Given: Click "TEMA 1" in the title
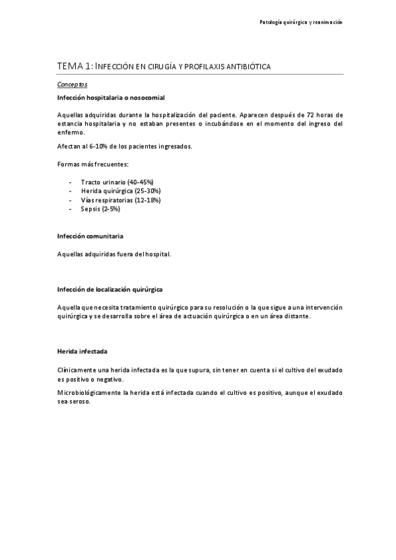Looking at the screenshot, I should coord(74,66).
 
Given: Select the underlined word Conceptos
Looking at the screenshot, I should coord(72,85).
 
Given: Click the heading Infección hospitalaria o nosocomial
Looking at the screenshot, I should coord(106,98).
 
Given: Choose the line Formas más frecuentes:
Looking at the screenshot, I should coord(92,164).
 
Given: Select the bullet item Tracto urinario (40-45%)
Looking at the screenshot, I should coord(117,182).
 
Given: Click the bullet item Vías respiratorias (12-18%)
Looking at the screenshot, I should coord(121,199).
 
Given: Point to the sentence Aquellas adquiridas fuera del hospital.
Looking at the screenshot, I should coord(114,254).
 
